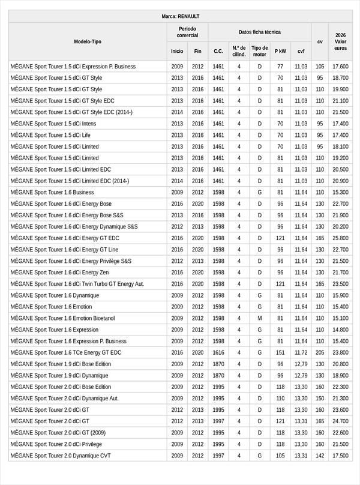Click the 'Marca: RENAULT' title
(180, 16)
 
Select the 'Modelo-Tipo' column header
(88, 41)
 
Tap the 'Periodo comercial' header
(187, 32)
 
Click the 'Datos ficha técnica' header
(259, 32)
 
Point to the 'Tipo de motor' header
(259, 51)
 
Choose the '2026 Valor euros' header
(340, 41)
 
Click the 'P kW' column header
(280, 51)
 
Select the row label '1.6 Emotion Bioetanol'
(62, 318)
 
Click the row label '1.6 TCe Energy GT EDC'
(65, 352)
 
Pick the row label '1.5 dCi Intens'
(53, 124)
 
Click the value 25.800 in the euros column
(340, 238)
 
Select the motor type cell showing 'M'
(259, 318)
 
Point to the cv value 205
(320, 352)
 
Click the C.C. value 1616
(218, 352)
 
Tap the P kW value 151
(280, 352)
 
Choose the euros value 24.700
(340, 421)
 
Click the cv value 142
(320, 456)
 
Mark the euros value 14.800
(340, 330)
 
